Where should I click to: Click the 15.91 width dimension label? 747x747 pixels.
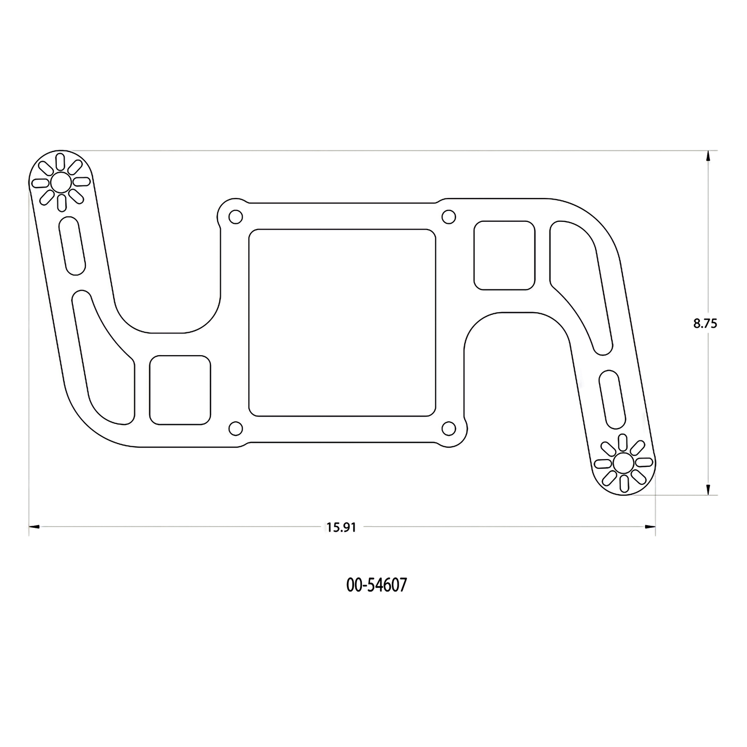point(341,527)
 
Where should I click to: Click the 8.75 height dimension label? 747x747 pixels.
point(705,324)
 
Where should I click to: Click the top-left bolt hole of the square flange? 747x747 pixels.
point(236,217)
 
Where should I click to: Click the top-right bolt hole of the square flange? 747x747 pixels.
point(449,217)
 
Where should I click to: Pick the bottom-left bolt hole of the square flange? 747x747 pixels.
point(236,429)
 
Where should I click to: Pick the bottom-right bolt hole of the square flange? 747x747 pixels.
point(449,429)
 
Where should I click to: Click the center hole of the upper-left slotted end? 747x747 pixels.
point(60,182)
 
